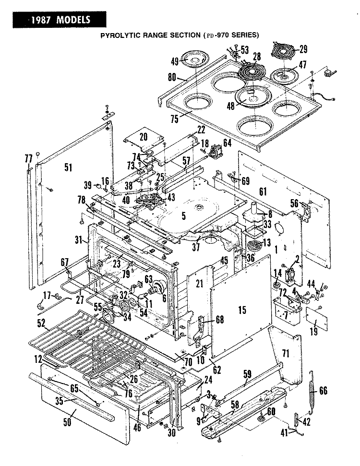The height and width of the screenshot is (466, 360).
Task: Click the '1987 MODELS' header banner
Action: tap(59, 20)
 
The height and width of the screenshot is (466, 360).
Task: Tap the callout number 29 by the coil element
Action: tap(303, 49)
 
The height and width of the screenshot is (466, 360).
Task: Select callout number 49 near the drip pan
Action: tap(175, 61)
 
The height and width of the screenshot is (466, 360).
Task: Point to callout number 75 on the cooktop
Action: tap(175, 119)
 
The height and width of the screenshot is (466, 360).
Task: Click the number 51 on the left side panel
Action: tap(68, 167)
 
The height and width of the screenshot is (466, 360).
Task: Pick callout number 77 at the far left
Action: tap(28, 159)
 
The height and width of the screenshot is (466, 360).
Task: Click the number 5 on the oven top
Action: tap(183, 216)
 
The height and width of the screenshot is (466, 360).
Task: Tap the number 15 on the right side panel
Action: tap(242, 310)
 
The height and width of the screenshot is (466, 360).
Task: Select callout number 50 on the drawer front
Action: tap(67, 422)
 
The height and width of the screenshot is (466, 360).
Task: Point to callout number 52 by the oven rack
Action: tap(42, 323)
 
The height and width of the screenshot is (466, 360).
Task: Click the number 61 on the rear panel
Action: tap(263, 191)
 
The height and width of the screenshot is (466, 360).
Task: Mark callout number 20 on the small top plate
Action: tap(144, 137)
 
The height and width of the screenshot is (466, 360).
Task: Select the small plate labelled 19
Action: tap(317, 318)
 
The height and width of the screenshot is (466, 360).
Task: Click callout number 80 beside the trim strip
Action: tap(172, 77)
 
